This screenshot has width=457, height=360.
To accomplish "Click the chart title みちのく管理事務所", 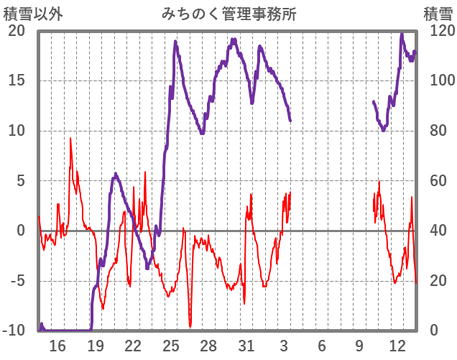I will pyautogui.click(x=228, y=14).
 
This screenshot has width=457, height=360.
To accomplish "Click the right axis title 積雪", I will pyautogui.click(x=437, y=14).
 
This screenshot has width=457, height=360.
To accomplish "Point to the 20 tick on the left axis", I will pyautogui.click(x=17, y=31).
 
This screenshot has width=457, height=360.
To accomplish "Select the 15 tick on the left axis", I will pyautogui.click(x=17, y=80).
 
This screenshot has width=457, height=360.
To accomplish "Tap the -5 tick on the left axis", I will pyautogui.click(x=17, y=281).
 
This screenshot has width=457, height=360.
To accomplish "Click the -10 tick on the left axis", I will pyautogui.click(x=14, y=331).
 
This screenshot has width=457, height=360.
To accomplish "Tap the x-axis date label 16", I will pyautogui.click(x=57, y=346).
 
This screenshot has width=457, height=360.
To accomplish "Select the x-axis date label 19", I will pyautogui.click(x=96, y=346).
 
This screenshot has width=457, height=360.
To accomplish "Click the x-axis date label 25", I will pyautogui.click(x=171, y=346).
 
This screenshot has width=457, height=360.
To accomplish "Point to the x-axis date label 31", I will pyautogui.click(x=246, y=346).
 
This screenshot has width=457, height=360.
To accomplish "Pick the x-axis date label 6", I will pyautogui.click(x=322, y=346).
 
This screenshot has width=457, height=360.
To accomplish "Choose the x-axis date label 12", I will pyautogui.click(x=397, y=346).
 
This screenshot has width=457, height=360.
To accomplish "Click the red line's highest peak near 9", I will pyautogui.click(x=70, y=139).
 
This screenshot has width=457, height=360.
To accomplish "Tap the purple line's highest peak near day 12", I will pyautogui.click(x=402, y=34).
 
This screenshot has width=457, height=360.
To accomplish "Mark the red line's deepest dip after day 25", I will pyautogui.click(x=190, y=326).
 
